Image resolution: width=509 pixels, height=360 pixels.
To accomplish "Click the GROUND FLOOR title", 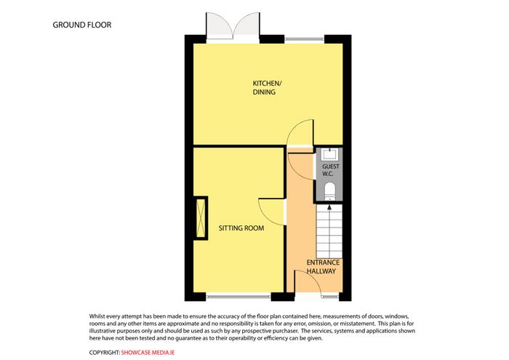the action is (81, 25).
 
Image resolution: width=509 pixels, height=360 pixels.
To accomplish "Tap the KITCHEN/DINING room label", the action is (267, 88).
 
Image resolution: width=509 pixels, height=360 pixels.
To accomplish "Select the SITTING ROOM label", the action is (241, 228).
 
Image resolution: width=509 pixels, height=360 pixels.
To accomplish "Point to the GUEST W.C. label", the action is (330, 170).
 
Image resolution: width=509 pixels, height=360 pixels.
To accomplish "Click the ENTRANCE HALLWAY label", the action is (323, 267).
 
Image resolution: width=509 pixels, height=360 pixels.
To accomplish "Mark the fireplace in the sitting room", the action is (201, 218).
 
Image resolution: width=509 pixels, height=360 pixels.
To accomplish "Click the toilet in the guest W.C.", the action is (330, 191).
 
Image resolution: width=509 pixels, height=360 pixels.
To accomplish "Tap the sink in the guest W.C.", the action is (329, 154).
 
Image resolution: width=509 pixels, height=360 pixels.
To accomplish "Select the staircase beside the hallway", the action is (329, 231).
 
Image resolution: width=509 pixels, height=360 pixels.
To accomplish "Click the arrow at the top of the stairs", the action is (329, 207).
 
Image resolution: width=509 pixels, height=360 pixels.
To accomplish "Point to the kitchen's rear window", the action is (305, 40).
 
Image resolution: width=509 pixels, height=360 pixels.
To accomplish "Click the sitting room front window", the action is (239, 296).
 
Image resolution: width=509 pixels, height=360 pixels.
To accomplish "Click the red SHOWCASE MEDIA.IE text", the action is (148, 353).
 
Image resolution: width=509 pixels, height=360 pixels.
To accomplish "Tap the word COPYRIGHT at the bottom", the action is (104, 353).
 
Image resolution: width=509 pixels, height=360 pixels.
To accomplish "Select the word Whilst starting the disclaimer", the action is (97, 316).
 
